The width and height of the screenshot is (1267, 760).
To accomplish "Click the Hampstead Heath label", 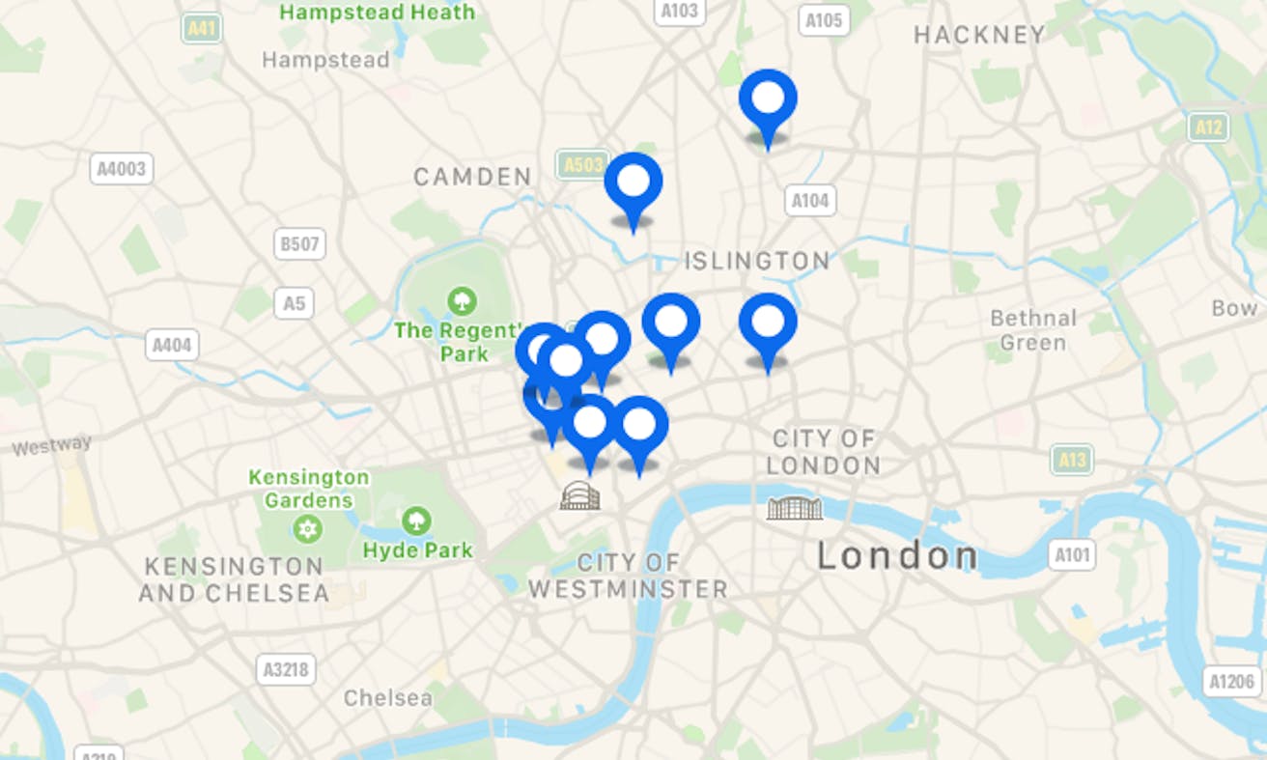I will pyautogui.click(x=378, y=13).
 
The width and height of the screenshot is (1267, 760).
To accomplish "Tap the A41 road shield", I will pyautogui.click(x=202, y=29).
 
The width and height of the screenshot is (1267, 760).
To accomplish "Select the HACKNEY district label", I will pyautogui.click(x=979, y=36).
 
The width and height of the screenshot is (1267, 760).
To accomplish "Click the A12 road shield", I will pyautogui.click(x=1208, y=127).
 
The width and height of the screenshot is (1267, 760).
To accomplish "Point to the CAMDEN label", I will pyautogui.click(x=472, y=177).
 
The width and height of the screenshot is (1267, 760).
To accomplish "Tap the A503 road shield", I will pyautogui.click(x=582, y=165).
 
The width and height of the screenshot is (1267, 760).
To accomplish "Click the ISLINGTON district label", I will pyautogui.click(x=756, y=261).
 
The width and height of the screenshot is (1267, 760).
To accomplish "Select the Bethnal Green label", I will pyautogui.click(x=1032, y=330).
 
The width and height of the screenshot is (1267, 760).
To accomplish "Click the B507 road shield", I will pyautogui.click(x=298, y=244).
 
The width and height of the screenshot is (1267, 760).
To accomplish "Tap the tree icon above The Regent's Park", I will pyautogui.click(x=463, y=301).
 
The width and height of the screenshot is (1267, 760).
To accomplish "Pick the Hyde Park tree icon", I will pyautogui.click(x=417, y=521).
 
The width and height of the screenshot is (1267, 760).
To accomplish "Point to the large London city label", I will pyautogui.click(x=897, y=556).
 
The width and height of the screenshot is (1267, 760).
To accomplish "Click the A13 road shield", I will pyautogui.click(x=1072, y=460).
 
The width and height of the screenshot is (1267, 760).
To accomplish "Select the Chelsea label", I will pyautogui.click(x=387, y=697).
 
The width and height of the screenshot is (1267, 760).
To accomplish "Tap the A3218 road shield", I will pyautogui.click(x=287, y=668).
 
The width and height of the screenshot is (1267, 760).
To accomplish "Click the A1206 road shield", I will pyautogui.click(x=1233, y=682).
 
